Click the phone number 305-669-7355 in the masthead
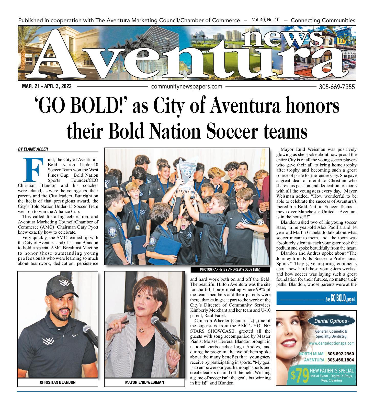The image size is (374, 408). point(337,87)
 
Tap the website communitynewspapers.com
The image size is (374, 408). point(187,87)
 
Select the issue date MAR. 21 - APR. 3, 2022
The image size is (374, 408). point(47,87)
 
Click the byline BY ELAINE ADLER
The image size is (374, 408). point(33,149)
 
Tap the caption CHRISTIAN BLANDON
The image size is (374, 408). point(58,382)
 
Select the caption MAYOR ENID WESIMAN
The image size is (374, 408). point(144,382)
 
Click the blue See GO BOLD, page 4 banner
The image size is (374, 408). point(316,298)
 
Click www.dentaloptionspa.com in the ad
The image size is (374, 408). point(331,343)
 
